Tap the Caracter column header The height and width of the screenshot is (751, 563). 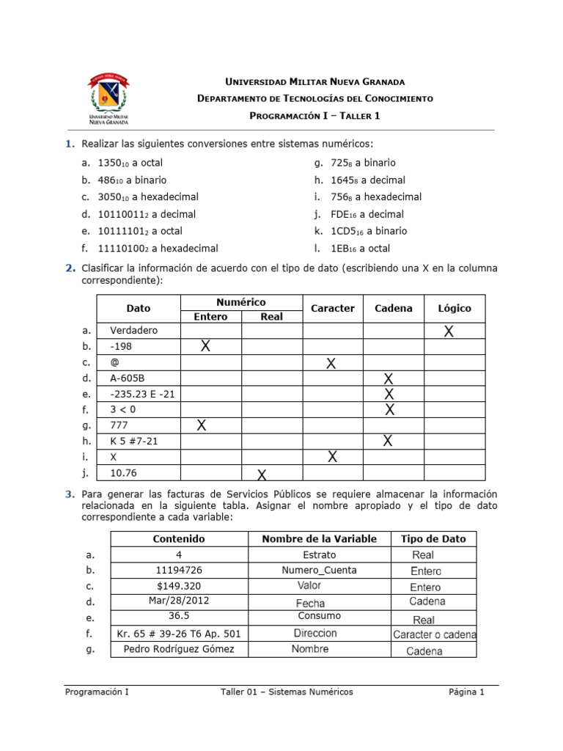coord(332,309)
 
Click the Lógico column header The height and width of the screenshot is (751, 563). coord(454,309)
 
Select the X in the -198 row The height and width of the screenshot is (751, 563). coord(206,346)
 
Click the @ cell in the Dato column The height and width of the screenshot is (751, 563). coord(114,362)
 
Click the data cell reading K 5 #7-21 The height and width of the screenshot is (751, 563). coord(133,441)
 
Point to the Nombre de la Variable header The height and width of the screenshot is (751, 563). coord(319,539)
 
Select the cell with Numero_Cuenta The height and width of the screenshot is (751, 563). coord(319,570)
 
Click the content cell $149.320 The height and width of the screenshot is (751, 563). coord(178,586)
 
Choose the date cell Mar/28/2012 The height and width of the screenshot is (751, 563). coord(178,601)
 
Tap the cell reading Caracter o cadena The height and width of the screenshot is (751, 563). coord(434,634)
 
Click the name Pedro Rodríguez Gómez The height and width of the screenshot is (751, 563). coord(179,649)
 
